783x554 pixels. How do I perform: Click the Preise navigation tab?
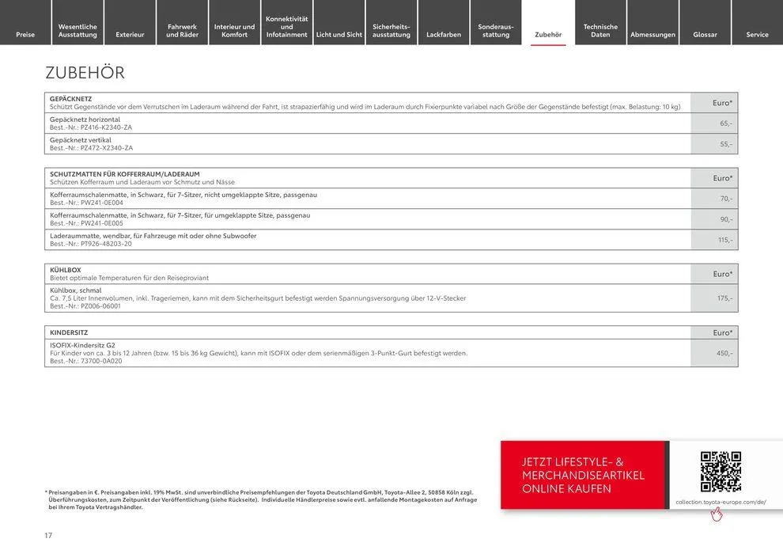click(x=25, y=34)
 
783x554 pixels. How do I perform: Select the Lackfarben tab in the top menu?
click(x=444, y=34)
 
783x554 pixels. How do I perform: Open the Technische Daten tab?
click(x=600, y=30)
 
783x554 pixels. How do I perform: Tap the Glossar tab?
click(x=705, y=34)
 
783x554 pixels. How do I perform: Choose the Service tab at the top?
click(x=757, y=34)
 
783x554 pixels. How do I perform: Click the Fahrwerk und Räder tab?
click(x=182, y=30)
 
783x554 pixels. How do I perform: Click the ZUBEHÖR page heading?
click(x=85, y=73)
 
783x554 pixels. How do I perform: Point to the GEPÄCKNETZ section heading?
click(x=71, y=99)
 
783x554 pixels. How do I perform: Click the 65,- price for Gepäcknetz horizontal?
click(x=725, y=123)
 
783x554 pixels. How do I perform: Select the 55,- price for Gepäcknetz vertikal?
click(x=725, y=144)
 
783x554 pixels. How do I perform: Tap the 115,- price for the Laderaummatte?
click(x=724, y=240)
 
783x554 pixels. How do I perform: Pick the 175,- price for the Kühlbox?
click(x=724, y=298)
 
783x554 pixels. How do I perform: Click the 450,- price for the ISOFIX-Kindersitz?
click(x=724, y=353)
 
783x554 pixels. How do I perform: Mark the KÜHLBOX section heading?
click(x=66, y=270)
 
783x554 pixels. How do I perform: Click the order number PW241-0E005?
click(x=102, y=223)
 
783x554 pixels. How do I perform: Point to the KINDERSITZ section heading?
click(x=69, y=332)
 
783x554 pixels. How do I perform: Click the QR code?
click(x=721, y=472)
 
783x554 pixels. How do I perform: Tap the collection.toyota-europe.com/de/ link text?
click(x=721, y=502)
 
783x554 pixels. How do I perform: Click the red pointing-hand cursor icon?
click(x=717, y=514)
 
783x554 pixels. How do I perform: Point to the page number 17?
click(x=48, y=536)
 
